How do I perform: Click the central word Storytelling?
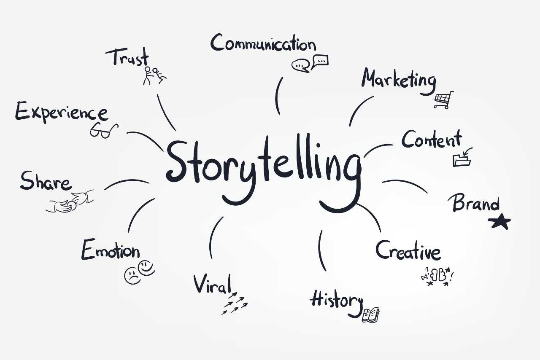coord(264,174)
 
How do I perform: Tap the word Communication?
coord(263,43)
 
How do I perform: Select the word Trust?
coord(127,57)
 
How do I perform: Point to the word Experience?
coord(62,112)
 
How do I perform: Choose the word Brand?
coord(474,203)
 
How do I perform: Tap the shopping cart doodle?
coord(444,100)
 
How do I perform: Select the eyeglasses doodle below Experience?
coord(104,130)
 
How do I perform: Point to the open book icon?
coord(370,315)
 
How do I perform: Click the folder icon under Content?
coord(462,158)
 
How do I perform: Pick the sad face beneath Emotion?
coord(132,275)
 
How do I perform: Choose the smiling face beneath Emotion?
coord(146,268)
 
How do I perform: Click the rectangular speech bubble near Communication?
coord(320,62)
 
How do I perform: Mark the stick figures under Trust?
coord(154,75)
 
